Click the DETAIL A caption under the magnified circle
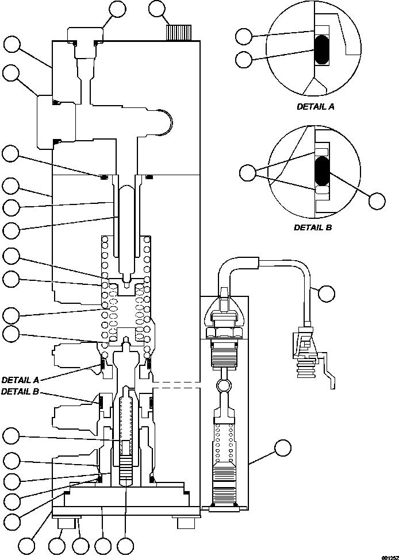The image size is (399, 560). click(x=315, y=106)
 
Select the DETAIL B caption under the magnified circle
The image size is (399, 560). click(x=313, y=227)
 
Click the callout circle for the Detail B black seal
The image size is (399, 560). click(x=377, y=200)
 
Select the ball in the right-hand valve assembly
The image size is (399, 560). click(x=224, y=383)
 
